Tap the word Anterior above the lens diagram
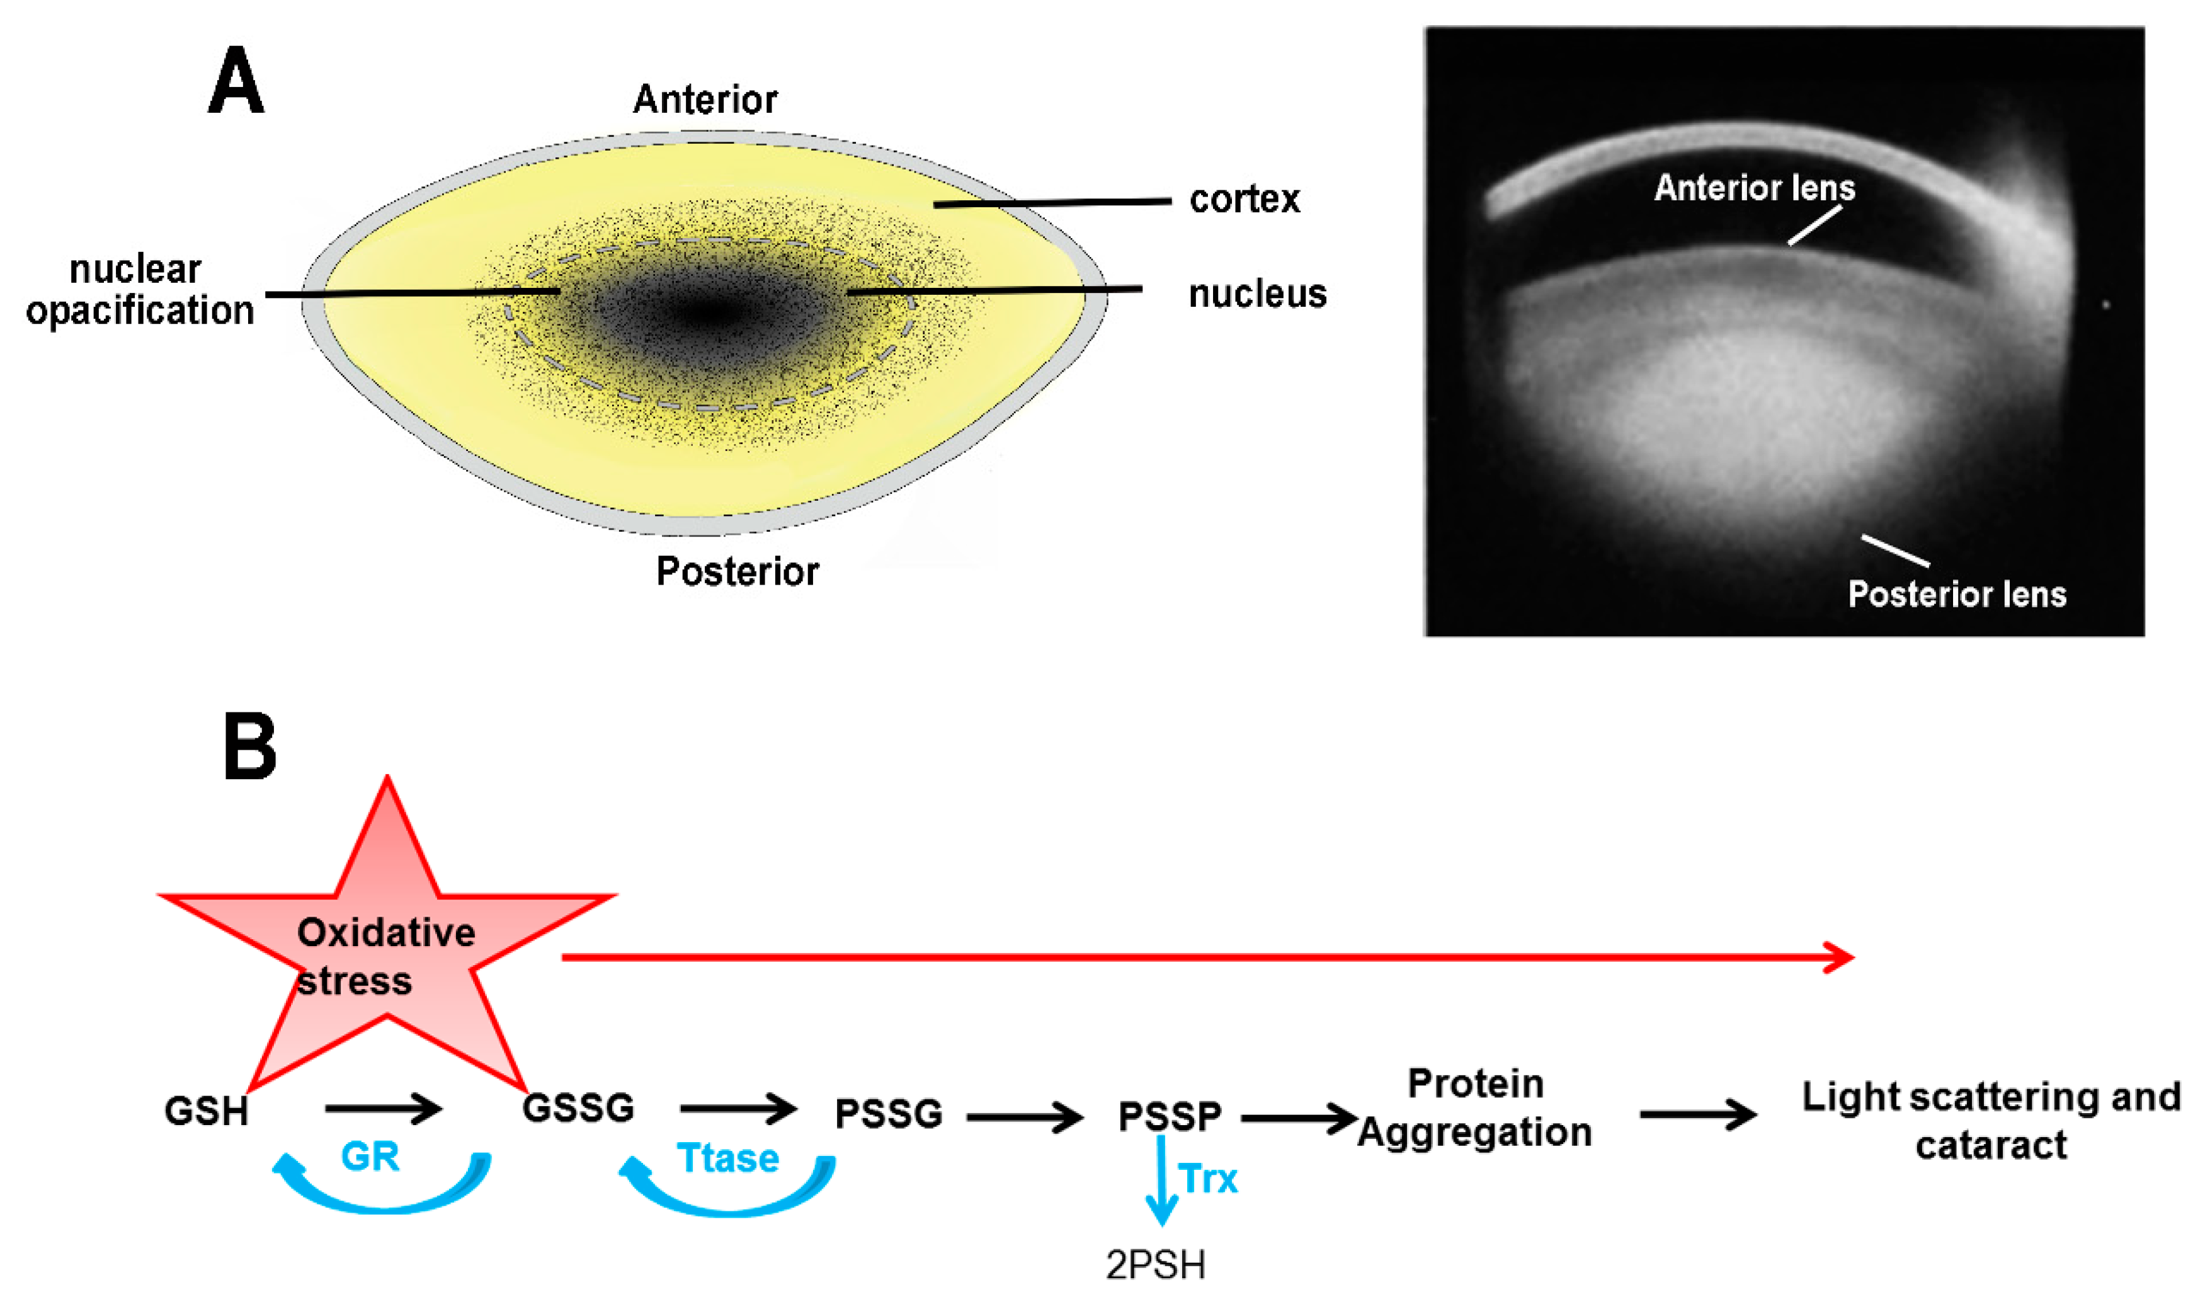(x=705, y=100)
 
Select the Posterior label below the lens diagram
(x=738, y=571)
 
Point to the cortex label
(x=1245, y=199)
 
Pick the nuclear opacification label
(x=139, y=290)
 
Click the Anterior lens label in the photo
(x=1754, y=188)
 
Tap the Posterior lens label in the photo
(x=1957, y=595)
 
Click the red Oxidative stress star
(x=386, y=952)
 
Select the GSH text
(x=207, y=1111)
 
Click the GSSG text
(x=579, y=1108)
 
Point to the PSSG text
(x=888, y=1114)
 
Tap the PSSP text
(x=1170, y=1117)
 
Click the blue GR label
(x=370, y=1157)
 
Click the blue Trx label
(x=1208, y=1179)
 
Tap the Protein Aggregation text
(x=1474, y=1108)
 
